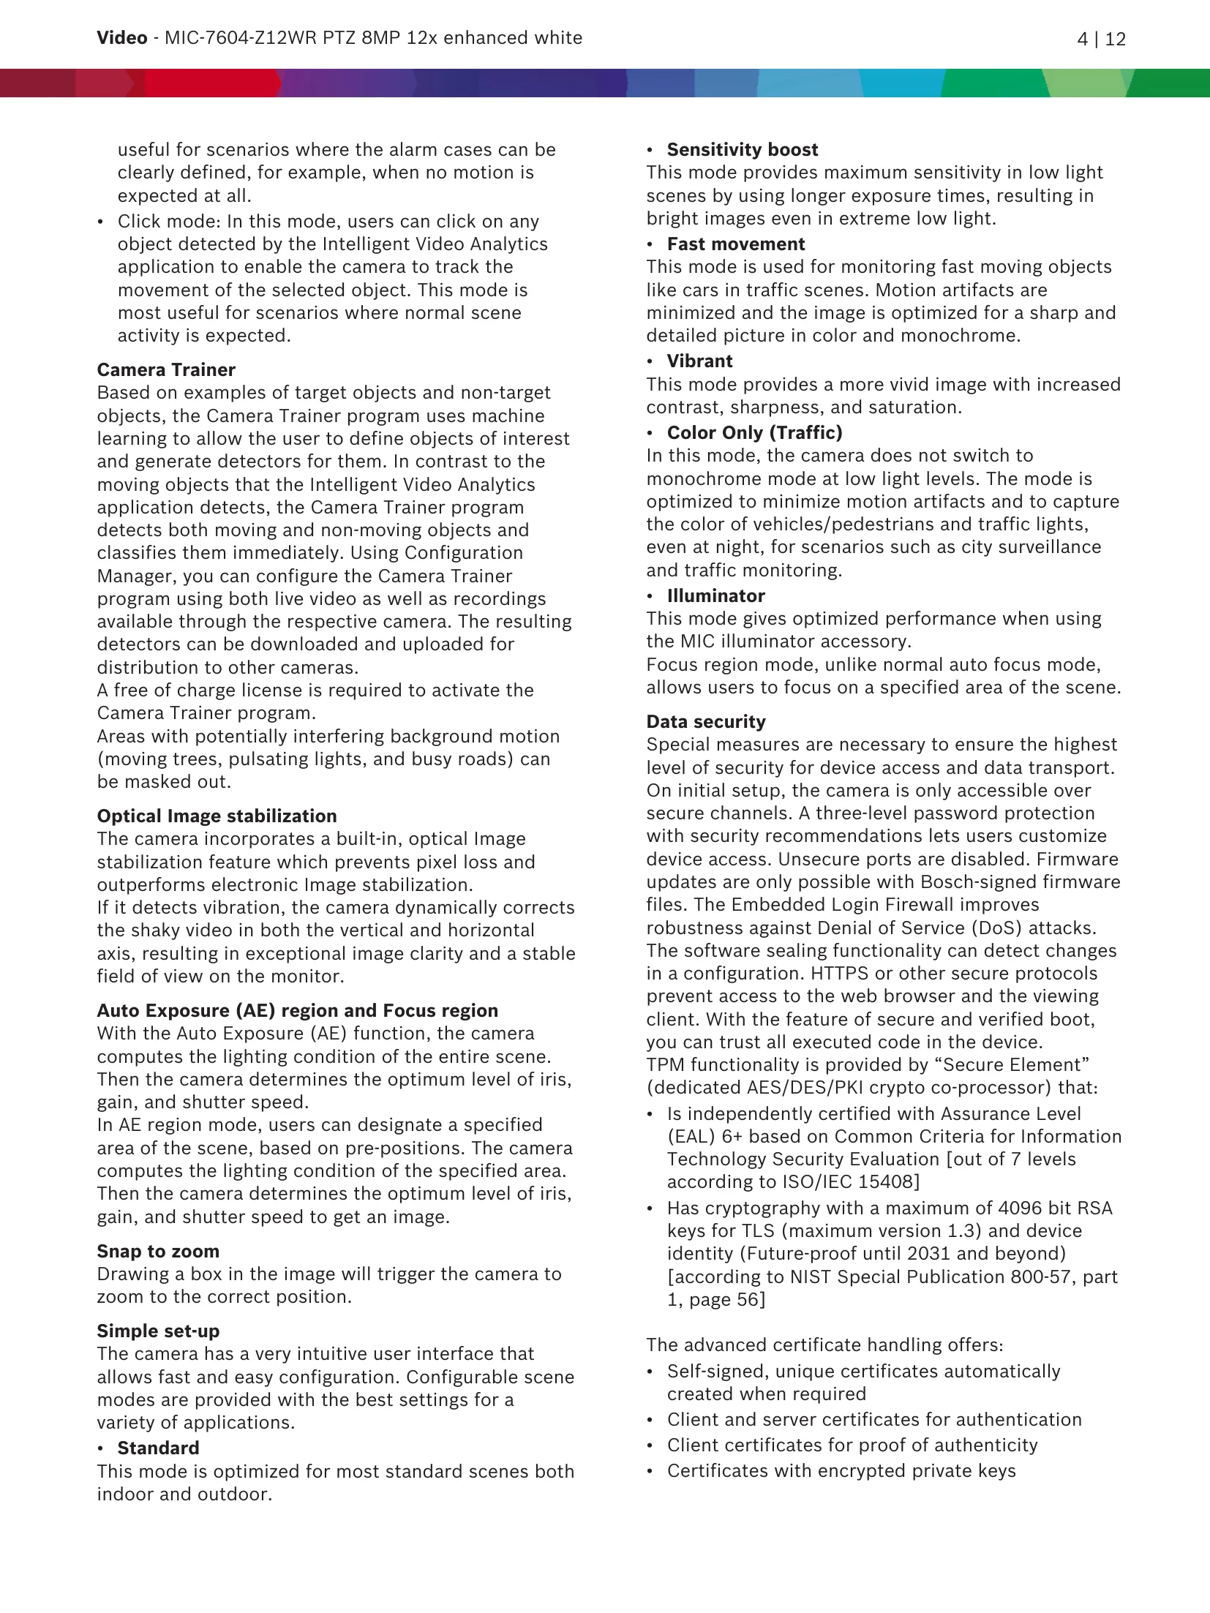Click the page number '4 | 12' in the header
coord(1101,39)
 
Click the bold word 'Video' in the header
coord(121,38)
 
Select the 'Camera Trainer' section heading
coord(166,369)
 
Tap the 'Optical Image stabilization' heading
coord(217,816)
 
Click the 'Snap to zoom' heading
coord(158,1251)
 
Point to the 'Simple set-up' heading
coord(158,1331)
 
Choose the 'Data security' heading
coord(705,721)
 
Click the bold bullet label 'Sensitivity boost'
coord(742,149)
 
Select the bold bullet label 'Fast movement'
coord(735,244)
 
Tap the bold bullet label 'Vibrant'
coord(699,361)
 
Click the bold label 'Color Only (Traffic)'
coord(754,432)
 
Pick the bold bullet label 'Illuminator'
coord(715,595)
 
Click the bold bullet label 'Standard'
coord(158,1448)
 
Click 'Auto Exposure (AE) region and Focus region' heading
coord(297,1010)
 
